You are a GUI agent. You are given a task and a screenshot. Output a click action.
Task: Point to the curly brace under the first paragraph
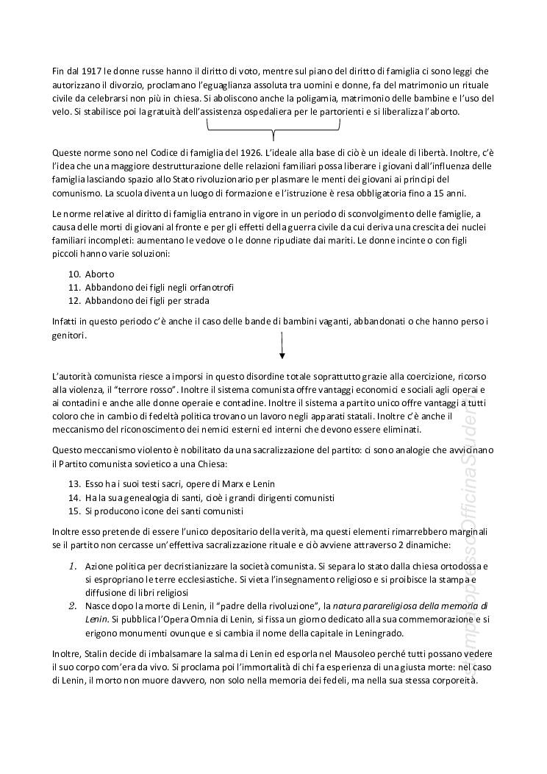click(x=273, y=129)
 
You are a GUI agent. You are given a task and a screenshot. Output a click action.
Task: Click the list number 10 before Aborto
click(x=74, y=274)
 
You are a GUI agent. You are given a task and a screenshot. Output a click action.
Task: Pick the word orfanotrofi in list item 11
click(x=212, y=287)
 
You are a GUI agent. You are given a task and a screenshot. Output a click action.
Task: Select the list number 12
click(x=74, y=300)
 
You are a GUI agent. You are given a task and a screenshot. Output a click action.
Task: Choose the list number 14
click(x=74, y=498)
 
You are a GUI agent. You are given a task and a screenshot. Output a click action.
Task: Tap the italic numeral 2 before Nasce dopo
click(x=73, y=606)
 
